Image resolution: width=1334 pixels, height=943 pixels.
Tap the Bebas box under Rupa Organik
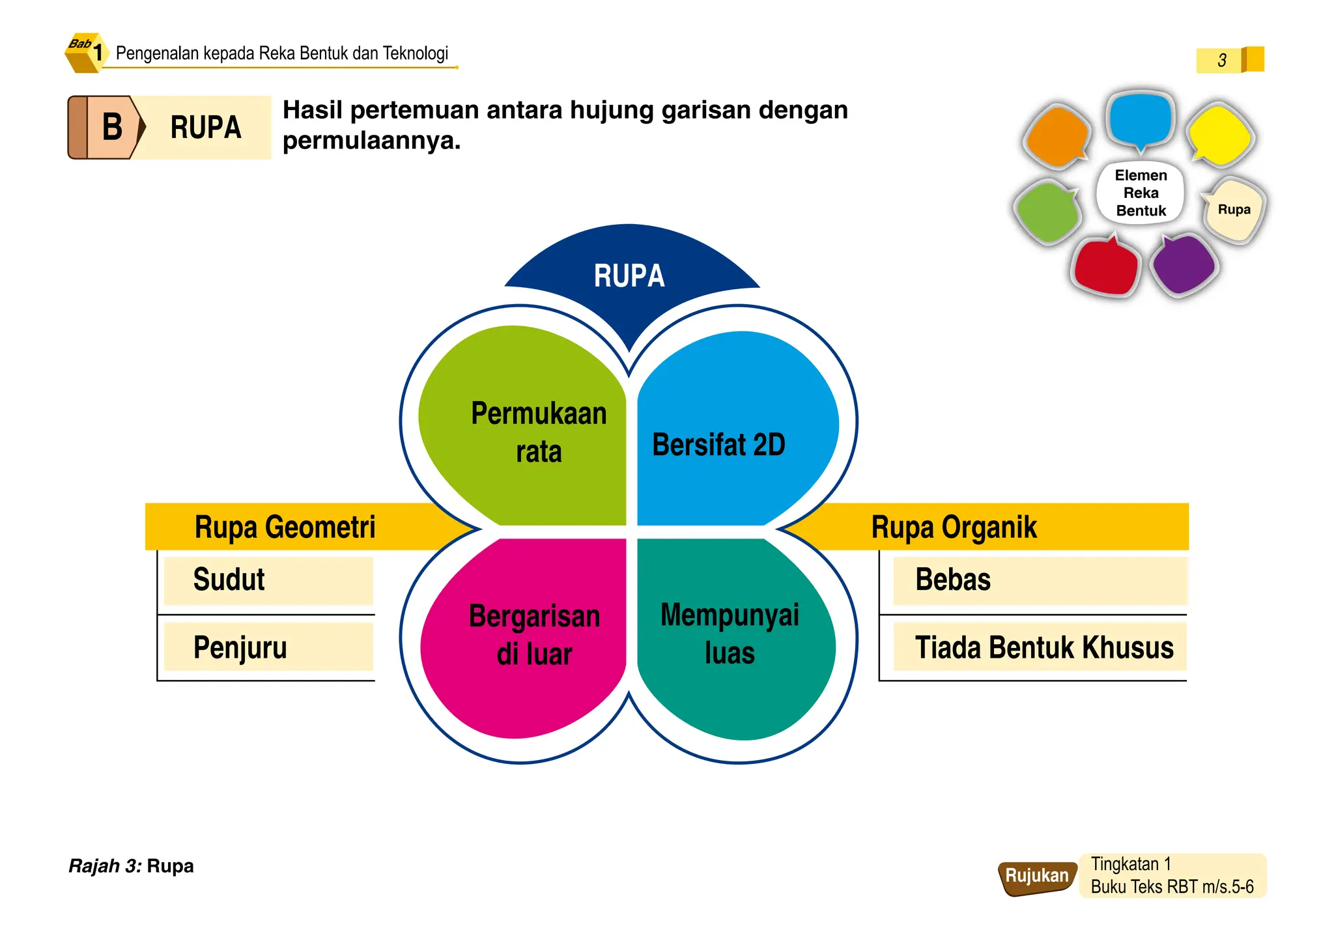click(1040, 580)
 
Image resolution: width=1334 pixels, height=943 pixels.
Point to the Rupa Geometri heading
click(285, 527)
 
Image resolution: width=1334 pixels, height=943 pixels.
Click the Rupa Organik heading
click(954, 527)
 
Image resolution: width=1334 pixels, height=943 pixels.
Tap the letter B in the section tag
click(112, 127)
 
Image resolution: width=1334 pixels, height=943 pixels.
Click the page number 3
click(1222, 61)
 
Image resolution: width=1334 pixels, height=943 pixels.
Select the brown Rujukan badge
click(1036, 877)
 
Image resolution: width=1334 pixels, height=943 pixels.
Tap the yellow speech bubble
click(1219, 135)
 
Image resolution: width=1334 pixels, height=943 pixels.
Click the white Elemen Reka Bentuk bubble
click(1141, 193)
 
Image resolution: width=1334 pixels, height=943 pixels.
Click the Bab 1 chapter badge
click(86, 52)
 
